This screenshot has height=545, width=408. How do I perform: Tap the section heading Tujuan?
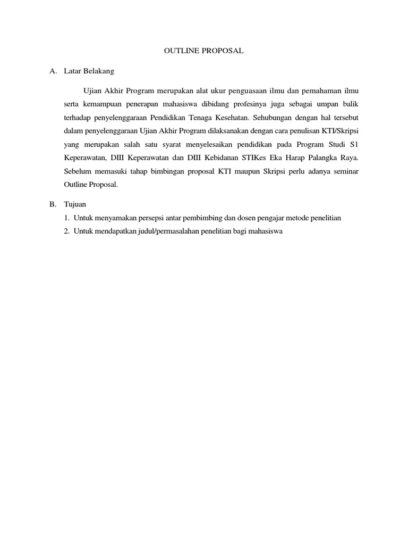coord(74,204)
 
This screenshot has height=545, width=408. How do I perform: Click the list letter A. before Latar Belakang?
coord(53,70)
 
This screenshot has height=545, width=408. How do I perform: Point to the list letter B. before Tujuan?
coord(53,204)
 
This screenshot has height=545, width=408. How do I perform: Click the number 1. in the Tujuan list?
coord(67,218)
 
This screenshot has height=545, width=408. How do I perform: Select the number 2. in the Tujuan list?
coord(67,232)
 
